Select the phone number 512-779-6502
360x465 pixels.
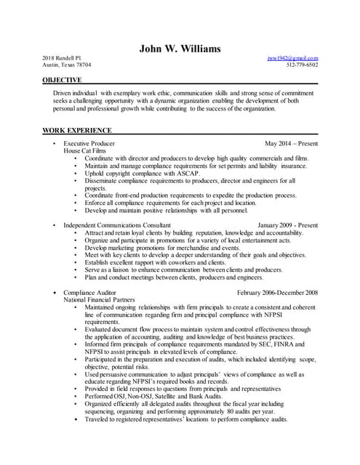pyautogui.click(x=302, y=65)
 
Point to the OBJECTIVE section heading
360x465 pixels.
pyautogui.click(x=62, y=79)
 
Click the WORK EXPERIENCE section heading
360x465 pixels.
pyautogui.click(x=77, y=130)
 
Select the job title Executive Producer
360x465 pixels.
pyautogui.click(x=89, y=144)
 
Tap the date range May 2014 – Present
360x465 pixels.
pyautogui.click(x=291, y=144)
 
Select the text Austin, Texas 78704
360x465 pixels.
pyautogui.click(x=67, y=65)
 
